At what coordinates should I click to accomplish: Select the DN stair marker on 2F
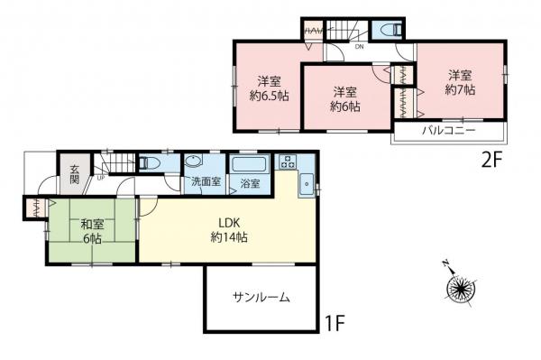point(359,46)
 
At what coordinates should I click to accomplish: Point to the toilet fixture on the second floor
point(389,30)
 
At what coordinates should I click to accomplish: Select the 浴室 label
point(250,183)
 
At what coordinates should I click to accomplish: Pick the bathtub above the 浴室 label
point(248,166)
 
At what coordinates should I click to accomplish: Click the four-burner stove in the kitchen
point(289,163)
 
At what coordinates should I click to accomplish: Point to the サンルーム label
point(261,297)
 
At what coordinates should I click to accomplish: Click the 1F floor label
point(335,320)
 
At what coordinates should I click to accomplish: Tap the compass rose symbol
point(461,289)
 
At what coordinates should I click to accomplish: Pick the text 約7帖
point(459,89)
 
